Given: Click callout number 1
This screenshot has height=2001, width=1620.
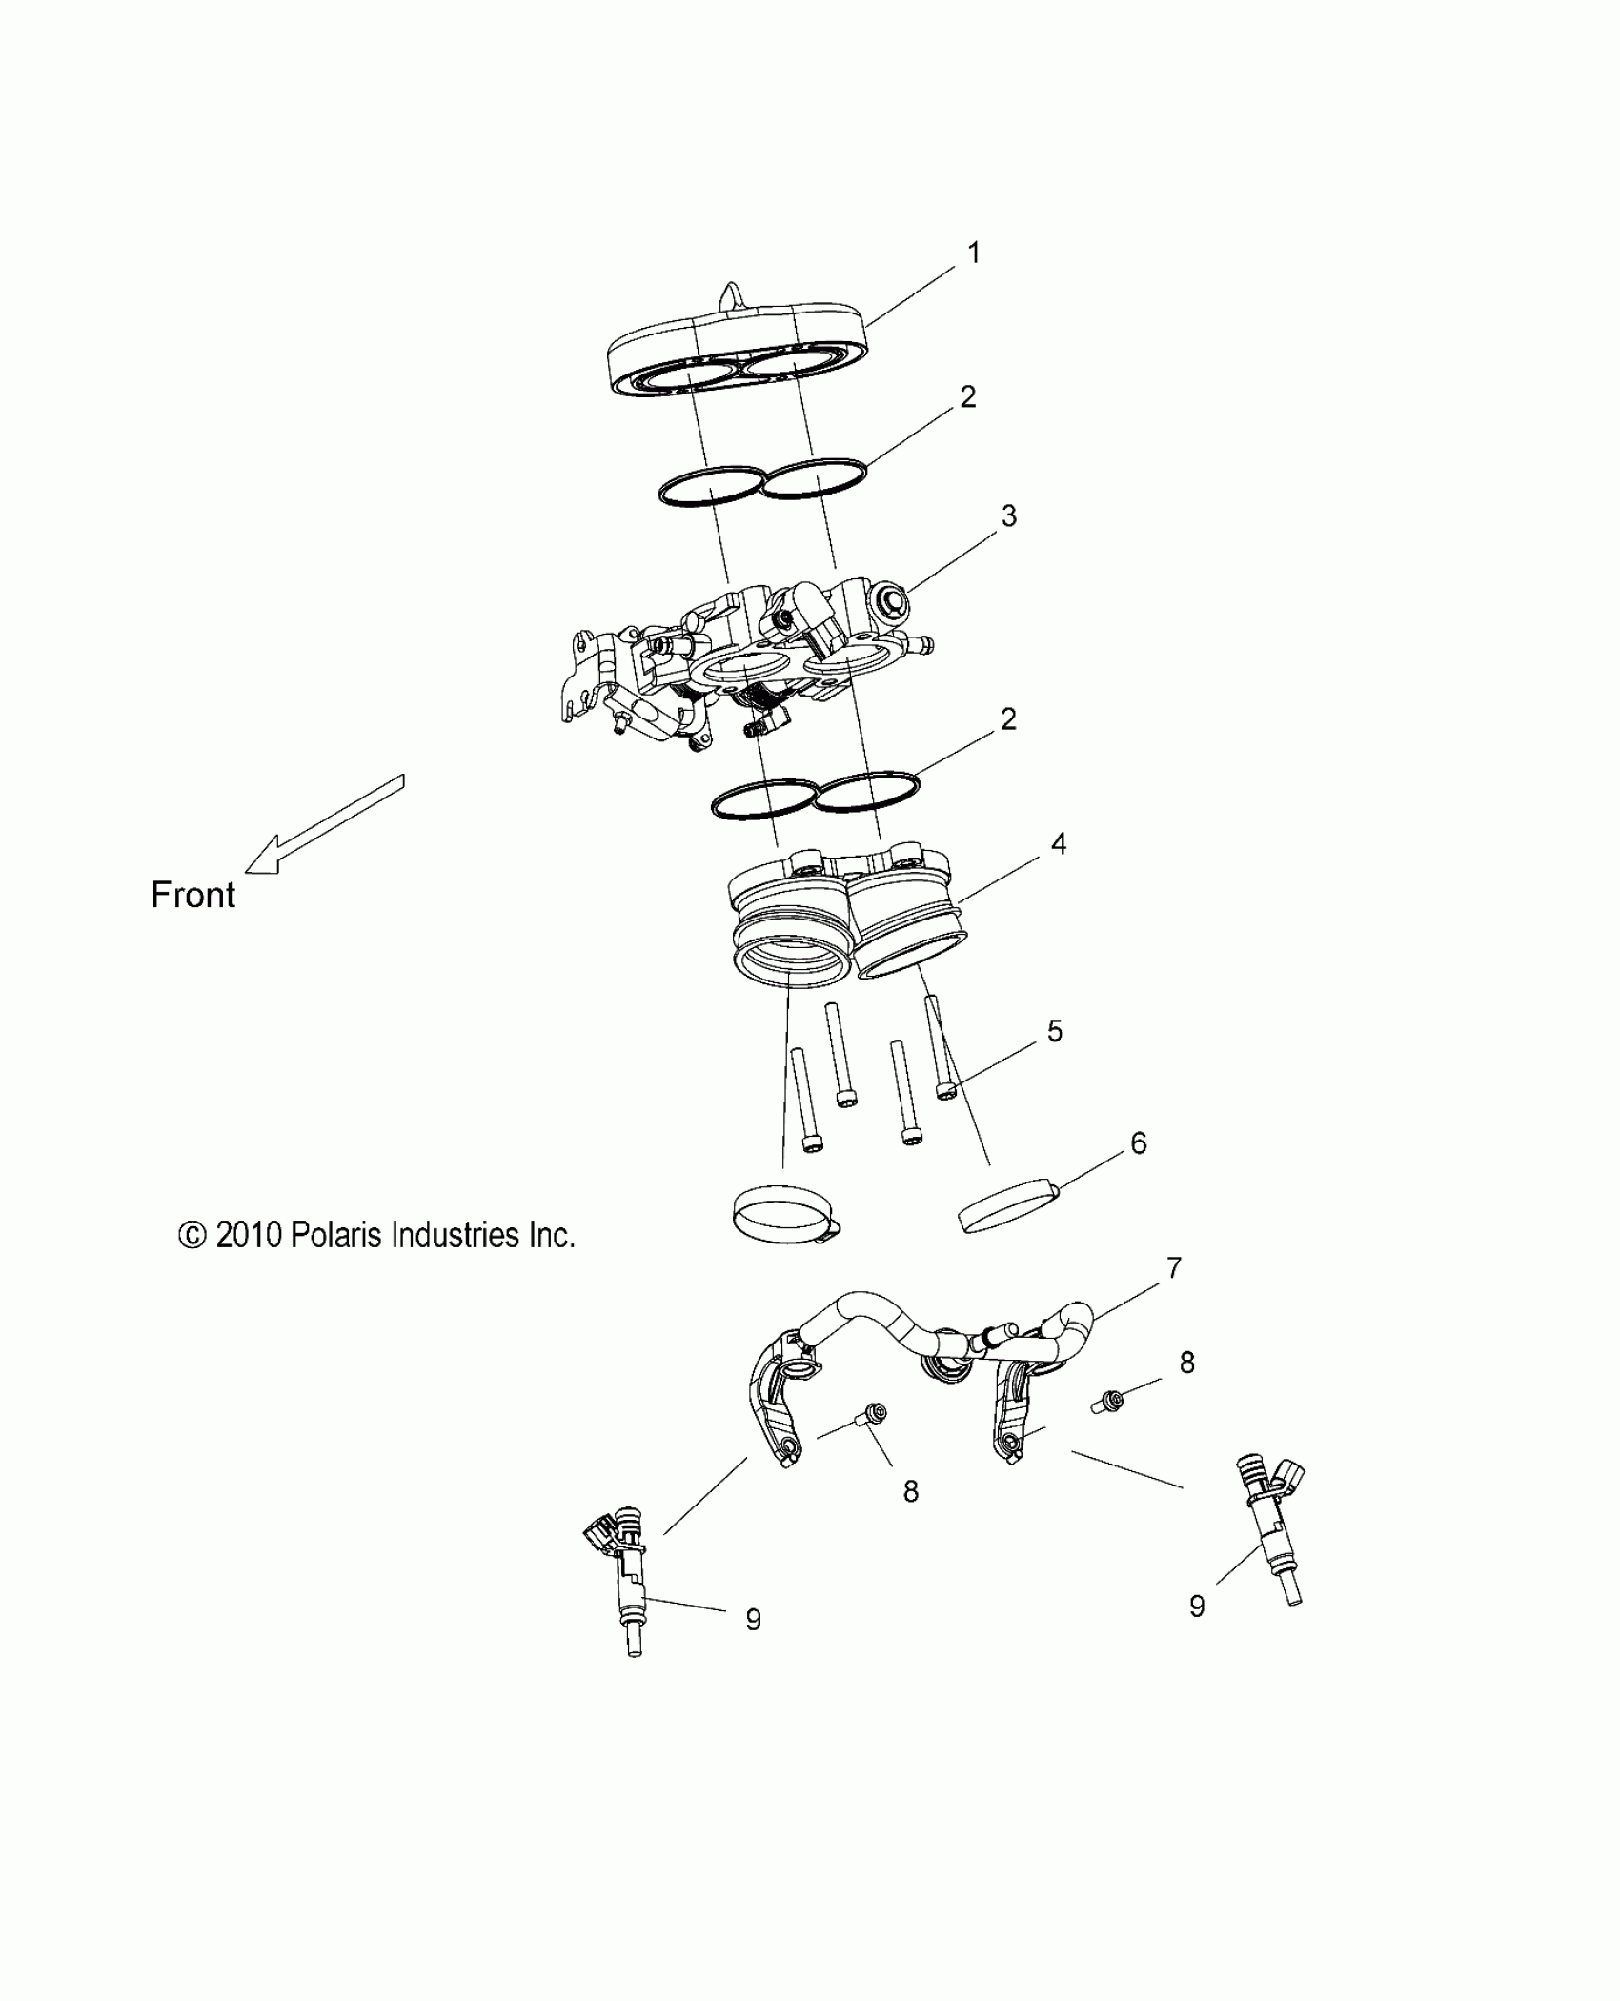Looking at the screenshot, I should (973, 253).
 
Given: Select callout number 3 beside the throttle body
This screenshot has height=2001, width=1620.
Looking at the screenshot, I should (1008, 515).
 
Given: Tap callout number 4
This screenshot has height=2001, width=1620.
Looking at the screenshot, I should (1058, 843).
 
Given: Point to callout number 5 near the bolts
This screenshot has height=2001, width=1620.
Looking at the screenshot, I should (1054, 1031).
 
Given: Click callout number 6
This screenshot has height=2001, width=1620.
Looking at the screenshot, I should (1138, 1142).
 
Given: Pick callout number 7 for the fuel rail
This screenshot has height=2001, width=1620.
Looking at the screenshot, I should (1174, 1268).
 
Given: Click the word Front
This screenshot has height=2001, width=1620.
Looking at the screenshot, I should (192, 896).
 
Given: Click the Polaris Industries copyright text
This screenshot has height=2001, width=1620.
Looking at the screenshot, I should (376, 1236).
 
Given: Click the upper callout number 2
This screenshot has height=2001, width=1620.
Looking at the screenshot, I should (968, 397).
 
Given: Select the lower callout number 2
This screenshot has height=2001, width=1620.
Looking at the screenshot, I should (1008, 719).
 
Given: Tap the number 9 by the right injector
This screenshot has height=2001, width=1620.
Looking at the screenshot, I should (1197, 1607).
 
